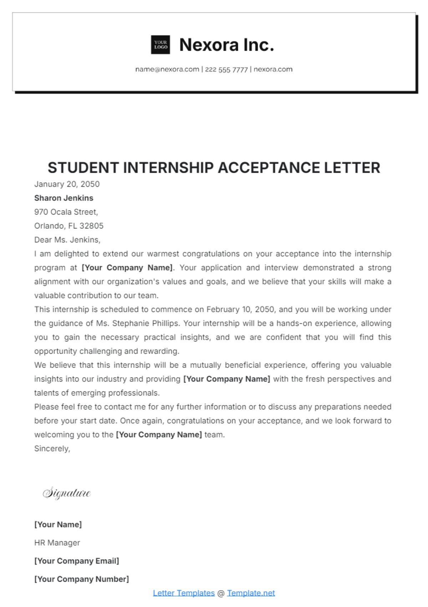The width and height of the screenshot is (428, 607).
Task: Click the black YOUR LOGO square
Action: (160, 45)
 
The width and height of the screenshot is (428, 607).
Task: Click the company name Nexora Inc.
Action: (226, 45)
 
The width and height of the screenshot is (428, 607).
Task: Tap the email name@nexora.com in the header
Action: (167, 69)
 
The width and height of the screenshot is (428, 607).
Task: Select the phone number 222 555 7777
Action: (226, 70)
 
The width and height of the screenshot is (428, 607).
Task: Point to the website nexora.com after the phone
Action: (273, 69)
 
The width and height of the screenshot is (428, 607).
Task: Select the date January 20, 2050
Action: (67, 184)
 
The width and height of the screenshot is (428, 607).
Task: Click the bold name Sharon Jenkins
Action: (63, 198)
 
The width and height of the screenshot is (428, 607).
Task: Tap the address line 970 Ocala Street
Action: (66, 212)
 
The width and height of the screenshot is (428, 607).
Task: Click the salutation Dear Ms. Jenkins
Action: (67, 240)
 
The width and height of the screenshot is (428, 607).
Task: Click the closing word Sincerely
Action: (52, 449)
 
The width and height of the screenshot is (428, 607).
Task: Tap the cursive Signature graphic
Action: (67, 493)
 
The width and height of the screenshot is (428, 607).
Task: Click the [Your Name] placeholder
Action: (58, 525)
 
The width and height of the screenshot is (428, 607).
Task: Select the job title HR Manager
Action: (57, 543)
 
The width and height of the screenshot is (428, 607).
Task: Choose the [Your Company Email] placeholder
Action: (76, 561)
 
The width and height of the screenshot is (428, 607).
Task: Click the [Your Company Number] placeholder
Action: (81, 579)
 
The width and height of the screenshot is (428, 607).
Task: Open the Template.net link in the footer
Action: (251, 593)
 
